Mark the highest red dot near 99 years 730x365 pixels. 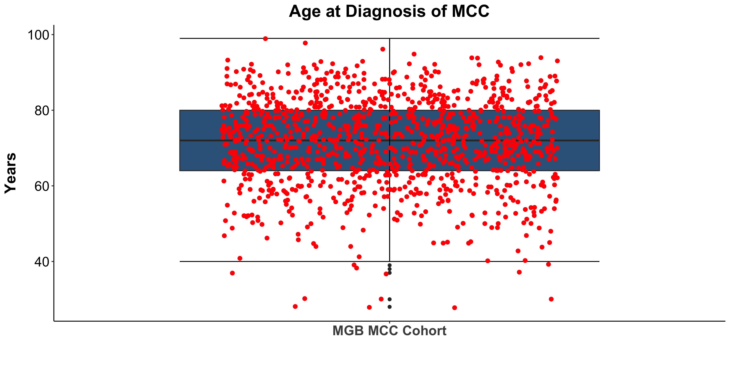pyautogui.click(x=265, y=39)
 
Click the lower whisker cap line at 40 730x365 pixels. pyautogui.click(x=283, y=261)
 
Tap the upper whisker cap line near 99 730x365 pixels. pyautogui.click(x=482, y=38)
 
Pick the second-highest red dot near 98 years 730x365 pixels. pyautogui.click(x=305, y=43)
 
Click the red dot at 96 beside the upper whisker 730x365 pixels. pyautogui.click(x=383, y=49)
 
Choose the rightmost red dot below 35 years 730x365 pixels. pyautogui.click(x=551, y=299)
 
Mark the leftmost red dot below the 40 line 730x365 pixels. pyautogui.click(x=232, y=273)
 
